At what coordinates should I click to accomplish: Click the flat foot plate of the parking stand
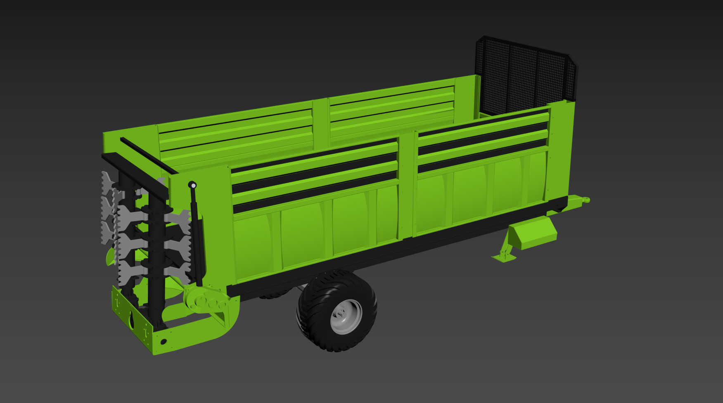coord(504,257)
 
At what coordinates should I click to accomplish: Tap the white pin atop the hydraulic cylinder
coord(192,185)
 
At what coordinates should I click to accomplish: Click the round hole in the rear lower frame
coord(163,342)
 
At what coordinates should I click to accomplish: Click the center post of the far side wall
coord(320,124)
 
